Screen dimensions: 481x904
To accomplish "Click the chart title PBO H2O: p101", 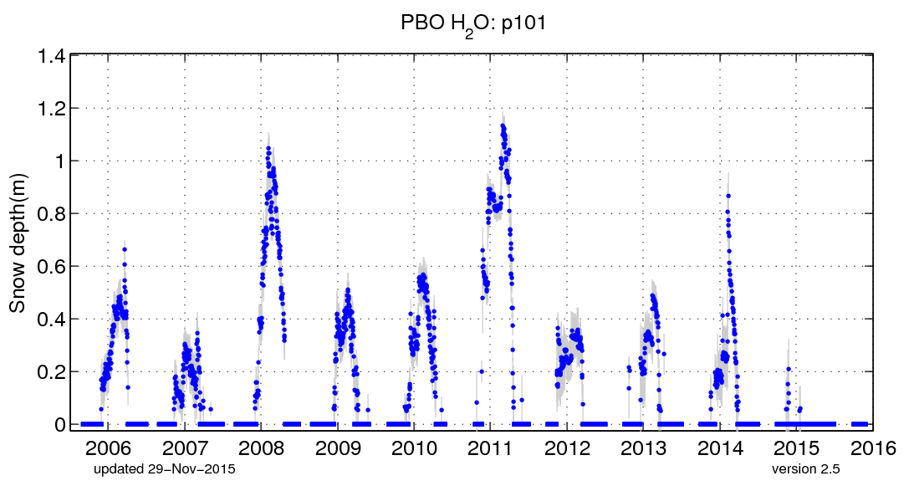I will (474, 23).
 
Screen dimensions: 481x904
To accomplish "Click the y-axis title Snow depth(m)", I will (18, 242).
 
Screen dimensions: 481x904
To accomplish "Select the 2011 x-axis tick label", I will (491, 445).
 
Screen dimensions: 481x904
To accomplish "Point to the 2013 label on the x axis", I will (644, 445).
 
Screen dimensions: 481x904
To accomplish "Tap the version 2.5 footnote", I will (805, 468).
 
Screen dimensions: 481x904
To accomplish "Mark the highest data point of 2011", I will (503, 125).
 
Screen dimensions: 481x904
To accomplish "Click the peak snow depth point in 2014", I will (728, 196).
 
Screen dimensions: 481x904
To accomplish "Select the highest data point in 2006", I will (125, 249).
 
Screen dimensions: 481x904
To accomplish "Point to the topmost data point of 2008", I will (268, 148).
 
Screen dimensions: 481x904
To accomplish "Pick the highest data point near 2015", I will (788, 369).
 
